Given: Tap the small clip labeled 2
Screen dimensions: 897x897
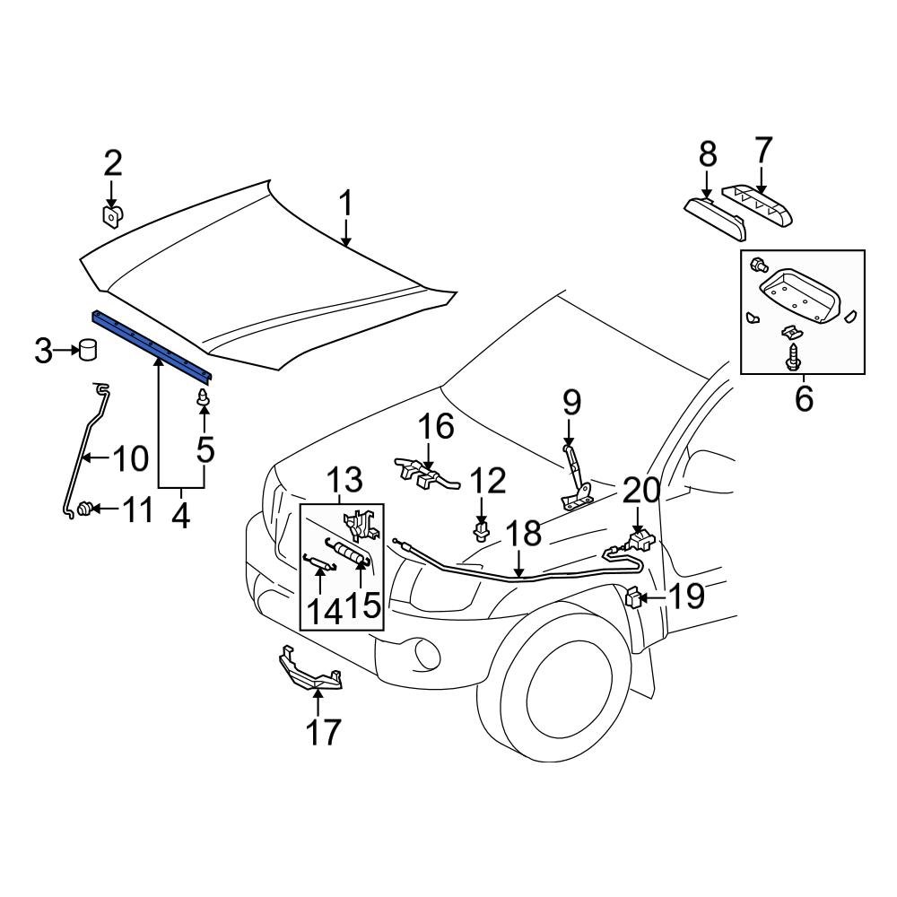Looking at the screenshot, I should (x=112, y=217).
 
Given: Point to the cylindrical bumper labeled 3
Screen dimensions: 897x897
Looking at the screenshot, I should (x=88, y=349).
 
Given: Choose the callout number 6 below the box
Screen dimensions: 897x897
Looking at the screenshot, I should (x=803, y=397).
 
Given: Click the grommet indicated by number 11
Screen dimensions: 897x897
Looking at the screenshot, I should (x=85, y=509).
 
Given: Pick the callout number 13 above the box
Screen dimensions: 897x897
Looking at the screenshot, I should (x=344, y=479).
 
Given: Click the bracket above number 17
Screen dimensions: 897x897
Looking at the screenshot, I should (x=309, y=674).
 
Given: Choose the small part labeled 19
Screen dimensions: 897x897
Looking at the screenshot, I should (x=634, y=597).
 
